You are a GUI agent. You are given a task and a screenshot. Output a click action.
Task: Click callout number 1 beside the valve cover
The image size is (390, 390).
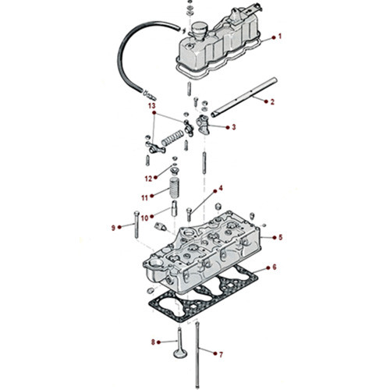pyautogui.click(x=281, y=37)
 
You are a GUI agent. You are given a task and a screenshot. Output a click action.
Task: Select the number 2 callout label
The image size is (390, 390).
pyautogui.click(x=272, y=102)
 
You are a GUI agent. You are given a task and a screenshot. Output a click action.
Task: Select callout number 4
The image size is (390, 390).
pyautogui.click(x=221, y=188)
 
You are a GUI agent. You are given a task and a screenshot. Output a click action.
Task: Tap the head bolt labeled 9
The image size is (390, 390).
pyautogui.click(x=138, y=227)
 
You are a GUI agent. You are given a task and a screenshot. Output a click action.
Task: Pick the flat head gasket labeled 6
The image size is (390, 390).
pyautogui.click(x=204, y=300)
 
